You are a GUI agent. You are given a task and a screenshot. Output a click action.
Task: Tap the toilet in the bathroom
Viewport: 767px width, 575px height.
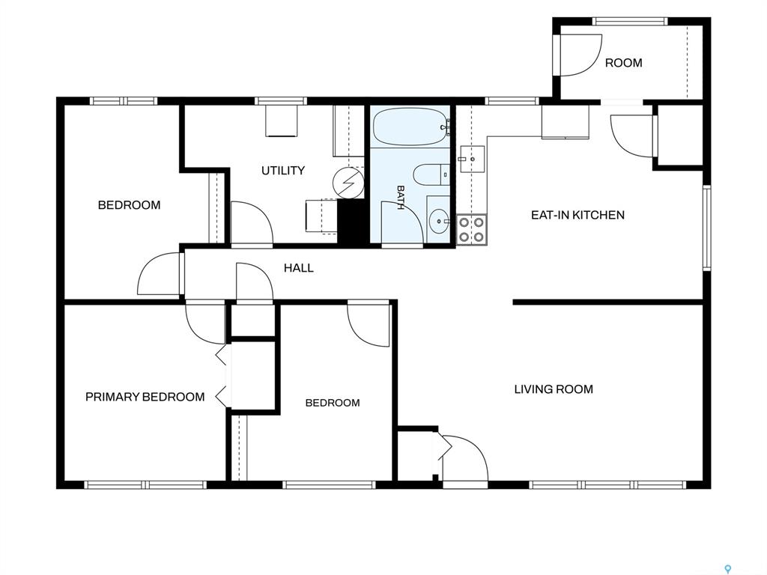(431, 174)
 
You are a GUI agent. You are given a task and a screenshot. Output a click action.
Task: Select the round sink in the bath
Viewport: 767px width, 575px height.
(439, 222)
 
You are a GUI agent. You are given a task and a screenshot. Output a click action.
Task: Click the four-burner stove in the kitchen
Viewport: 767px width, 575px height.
(472, 229)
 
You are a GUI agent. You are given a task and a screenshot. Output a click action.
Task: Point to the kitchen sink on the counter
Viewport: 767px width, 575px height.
(472, 159)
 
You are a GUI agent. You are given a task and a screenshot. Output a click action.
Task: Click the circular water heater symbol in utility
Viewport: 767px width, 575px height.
(349, 183)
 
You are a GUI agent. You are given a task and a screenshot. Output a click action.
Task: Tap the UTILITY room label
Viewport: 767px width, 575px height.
(282, 171)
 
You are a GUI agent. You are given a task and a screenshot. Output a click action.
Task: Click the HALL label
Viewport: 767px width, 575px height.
(298, 268)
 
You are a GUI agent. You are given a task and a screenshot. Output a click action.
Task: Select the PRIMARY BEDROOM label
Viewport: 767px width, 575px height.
(145, 397)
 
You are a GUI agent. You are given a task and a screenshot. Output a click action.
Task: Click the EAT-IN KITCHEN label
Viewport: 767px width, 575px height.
(577, 215)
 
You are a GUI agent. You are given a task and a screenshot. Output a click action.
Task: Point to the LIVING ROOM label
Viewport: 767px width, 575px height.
(554, 389)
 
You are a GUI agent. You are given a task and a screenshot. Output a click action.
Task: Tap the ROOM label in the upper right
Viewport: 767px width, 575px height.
(624, 63)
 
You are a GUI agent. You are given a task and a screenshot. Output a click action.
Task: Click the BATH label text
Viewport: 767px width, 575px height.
(400, 197)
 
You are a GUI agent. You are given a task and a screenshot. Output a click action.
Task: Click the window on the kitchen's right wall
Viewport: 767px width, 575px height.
(707, 228)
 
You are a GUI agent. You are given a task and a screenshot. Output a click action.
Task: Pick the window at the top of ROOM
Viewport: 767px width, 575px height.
(630, 22)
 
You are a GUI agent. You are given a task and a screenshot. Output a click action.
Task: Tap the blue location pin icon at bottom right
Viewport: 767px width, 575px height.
(728, 569)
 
